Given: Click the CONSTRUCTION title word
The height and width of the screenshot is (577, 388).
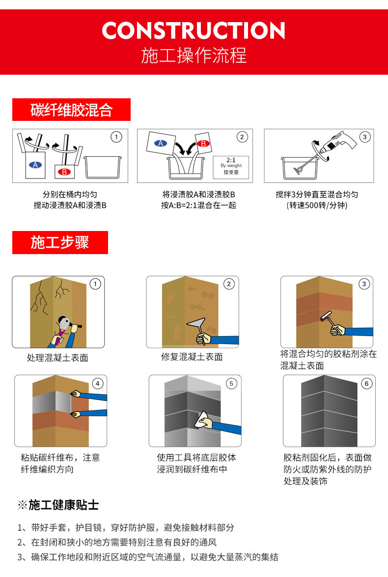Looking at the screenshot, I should [x=194, y=31].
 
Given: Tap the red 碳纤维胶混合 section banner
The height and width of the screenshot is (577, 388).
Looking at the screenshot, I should [x=71, y=110].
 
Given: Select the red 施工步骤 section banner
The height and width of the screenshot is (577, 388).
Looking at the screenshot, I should [x=60, y=242].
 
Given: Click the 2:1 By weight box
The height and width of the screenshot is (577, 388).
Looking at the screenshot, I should [x=230, y=166].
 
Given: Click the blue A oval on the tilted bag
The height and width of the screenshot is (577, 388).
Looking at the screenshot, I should [x=160, y=144].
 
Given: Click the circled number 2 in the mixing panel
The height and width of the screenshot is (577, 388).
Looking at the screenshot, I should [x=242, y=137].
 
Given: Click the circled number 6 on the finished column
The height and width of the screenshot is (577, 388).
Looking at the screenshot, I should [x=365, y=383].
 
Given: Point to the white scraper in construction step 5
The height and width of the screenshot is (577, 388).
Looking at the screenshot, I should [x=201, y=421].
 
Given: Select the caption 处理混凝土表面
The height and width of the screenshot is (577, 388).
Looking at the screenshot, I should [x=57, y=358].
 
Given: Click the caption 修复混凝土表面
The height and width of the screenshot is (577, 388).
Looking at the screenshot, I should [x=192, y=357].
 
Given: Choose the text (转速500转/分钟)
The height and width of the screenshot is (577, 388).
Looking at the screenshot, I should [x=317, y=205].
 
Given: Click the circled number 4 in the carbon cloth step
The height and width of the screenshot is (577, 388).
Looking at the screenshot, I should [x=97, y=383].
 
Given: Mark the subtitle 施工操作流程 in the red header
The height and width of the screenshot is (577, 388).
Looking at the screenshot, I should [x=194, y=55].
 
